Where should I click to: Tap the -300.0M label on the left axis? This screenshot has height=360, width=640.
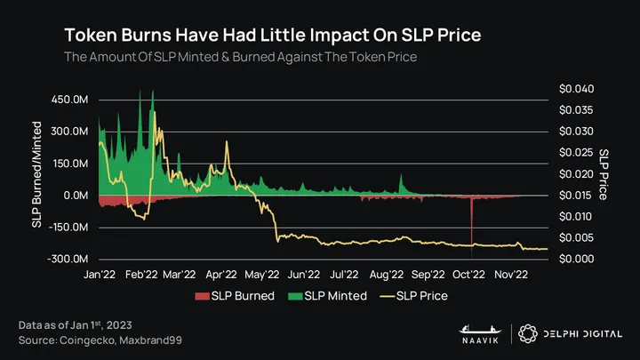68,259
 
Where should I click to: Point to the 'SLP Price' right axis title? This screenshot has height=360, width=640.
604,174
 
